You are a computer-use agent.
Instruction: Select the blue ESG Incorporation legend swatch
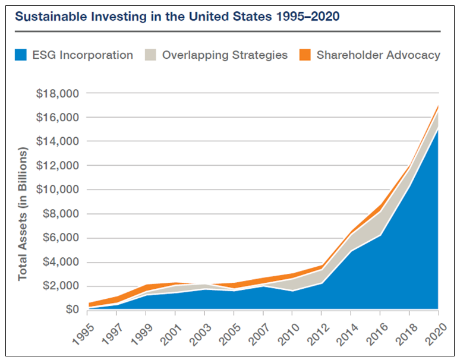(x=22, y=55)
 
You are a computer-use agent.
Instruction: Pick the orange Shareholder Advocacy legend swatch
(x=305, y=55)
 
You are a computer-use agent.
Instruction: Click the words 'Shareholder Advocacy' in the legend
(x=379, y=55)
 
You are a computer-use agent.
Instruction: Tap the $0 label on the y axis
(x=70, y=310)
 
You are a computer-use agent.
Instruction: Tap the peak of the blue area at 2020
(x=438, y=130)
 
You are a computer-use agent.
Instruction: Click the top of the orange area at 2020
(x=438, y=106)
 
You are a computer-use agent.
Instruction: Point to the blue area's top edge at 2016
(x=380, y=235)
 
